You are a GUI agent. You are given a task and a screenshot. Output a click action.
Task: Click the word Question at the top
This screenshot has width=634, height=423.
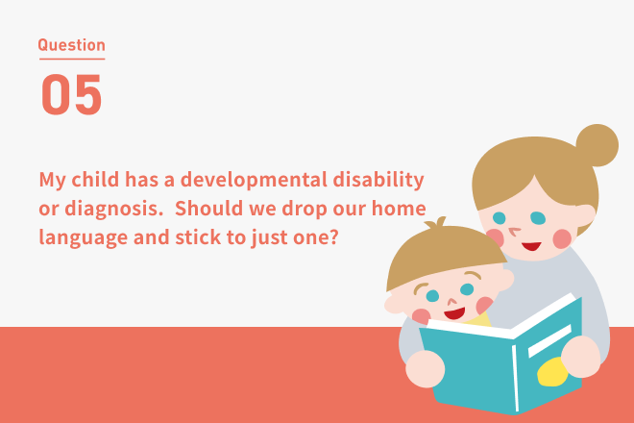tap(72, 45)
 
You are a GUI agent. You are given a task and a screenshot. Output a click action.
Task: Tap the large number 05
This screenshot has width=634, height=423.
tap(71, 94)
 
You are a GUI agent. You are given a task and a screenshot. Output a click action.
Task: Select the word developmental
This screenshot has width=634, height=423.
tap(254, 180)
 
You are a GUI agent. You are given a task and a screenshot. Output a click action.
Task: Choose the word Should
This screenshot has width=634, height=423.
tap(208, 208)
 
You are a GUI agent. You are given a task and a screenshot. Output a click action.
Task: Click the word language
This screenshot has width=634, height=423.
tap(84, 238)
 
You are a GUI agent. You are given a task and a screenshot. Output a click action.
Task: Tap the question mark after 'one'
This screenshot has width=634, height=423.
tap(333, 237)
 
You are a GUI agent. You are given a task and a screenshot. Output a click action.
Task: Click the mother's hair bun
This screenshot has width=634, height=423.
tap(597, 145)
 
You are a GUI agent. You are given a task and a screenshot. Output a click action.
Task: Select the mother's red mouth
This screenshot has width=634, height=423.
tap(531, 246)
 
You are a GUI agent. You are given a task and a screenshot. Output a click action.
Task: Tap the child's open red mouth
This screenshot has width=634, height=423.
tap(454, 312)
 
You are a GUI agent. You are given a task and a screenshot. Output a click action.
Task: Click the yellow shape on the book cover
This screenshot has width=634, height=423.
tap(552, 372)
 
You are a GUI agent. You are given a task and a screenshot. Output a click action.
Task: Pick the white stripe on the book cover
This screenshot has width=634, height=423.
tap(549, 341)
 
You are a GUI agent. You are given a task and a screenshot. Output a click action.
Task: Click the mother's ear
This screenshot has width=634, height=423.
tap(585, 215)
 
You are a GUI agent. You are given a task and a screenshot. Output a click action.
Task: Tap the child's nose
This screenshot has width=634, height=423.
tap(452, 302)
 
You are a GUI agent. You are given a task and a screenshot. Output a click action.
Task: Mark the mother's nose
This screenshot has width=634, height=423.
tap(514, 232)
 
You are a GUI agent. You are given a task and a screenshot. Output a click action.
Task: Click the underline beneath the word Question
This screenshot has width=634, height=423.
tap(72, 59)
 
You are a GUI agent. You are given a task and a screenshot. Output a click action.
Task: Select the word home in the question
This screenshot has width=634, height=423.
tap(399, 209)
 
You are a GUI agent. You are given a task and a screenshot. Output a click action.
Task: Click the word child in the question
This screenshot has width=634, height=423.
tap(95, 180)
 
